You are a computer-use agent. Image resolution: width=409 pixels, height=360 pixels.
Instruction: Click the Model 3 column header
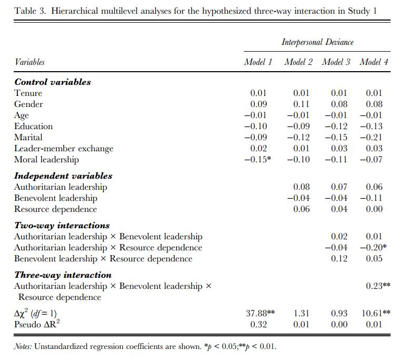coord(336,62)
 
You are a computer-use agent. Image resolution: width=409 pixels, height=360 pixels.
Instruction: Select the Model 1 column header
coord(258,62)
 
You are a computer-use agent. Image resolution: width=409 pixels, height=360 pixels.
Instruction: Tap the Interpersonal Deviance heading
coord(317,42)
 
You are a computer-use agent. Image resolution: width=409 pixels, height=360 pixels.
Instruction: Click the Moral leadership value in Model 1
coord(258,159)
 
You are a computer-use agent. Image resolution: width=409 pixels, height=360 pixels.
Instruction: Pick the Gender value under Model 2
coord(301,104)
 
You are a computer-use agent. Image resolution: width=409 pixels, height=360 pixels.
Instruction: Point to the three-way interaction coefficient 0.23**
coord(378,286)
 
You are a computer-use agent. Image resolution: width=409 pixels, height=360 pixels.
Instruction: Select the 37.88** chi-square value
coord(261,313)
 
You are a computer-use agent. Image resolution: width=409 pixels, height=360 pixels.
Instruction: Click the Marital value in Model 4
coord(371,138)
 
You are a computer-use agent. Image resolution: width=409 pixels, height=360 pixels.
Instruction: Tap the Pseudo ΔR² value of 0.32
coord(258,325)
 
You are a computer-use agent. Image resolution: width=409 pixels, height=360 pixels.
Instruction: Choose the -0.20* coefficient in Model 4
coord(373,247)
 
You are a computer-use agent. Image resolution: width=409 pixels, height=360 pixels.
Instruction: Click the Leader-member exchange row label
coord(64,149)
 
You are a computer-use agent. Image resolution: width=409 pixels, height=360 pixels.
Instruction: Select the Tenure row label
coord(28,93)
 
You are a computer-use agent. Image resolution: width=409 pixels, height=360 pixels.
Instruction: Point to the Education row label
coord(33,127)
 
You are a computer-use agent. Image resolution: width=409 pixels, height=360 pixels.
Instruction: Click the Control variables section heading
coord(53,82)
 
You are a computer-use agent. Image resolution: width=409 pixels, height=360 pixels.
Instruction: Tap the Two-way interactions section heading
coord(62,225)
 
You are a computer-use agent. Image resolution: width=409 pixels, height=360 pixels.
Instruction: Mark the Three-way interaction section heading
coord(63,275)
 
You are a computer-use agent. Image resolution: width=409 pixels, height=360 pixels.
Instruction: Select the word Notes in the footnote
coord(23,346)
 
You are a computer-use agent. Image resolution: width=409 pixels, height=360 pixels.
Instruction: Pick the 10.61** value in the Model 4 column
coord(376,313)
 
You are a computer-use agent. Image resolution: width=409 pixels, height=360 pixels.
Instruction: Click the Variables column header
coord(29,62)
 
